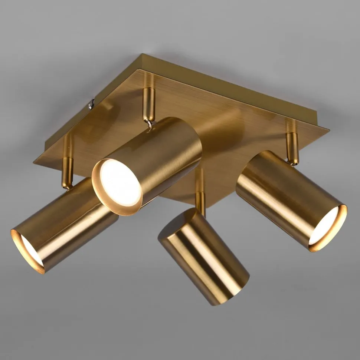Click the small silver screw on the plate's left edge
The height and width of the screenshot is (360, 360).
point(91,105)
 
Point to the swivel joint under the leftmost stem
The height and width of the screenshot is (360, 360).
point(67,185)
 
